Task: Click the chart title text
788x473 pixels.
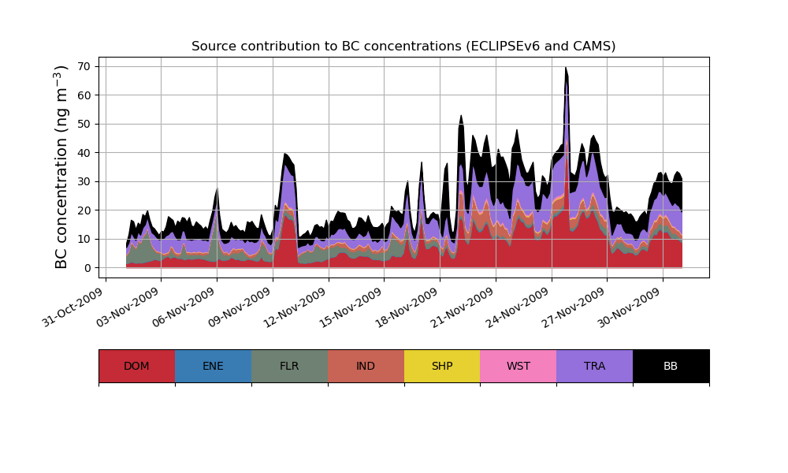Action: click(403, 47)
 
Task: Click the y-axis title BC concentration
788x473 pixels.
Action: click(62, 167)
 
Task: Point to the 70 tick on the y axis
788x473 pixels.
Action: click(86, 66)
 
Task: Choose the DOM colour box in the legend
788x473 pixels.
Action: click(136, 366)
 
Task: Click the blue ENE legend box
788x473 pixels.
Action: click(213, 366)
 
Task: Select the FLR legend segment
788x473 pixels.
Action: click(289, 366)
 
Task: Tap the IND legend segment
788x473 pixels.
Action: click(366, 366)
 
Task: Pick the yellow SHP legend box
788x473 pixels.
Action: click(442, 366)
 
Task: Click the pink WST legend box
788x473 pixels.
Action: click(519, 366)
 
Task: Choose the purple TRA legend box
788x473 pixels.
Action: click(595, 366)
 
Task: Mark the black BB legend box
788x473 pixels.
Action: click(671, 366)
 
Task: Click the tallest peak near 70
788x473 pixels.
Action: click(566, 69)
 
